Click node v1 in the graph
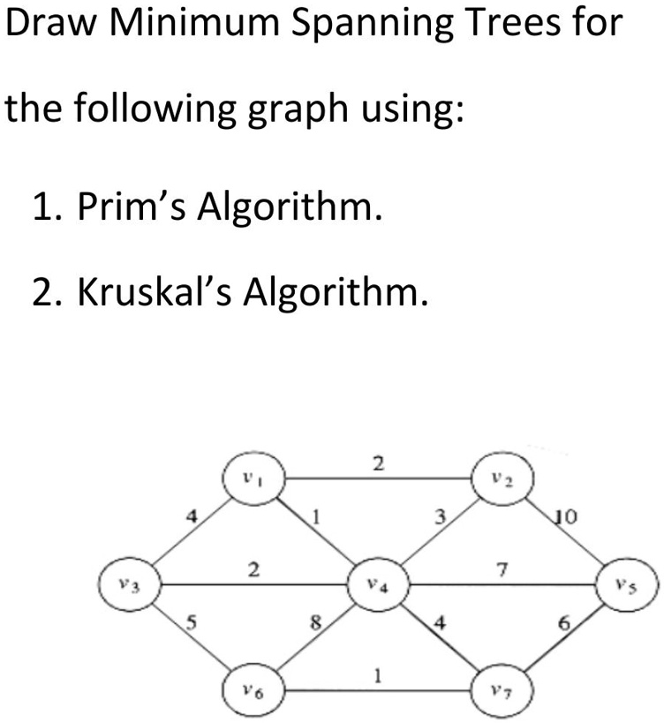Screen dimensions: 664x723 tap(253, 478)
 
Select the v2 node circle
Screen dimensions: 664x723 tap(503, 478)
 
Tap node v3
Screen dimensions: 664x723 tap(130, 584)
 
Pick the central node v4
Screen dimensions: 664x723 tap(379, 584)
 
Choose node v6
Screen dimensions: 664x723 tap(253, 690)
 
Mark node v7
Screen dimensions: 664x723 tap(503, 690)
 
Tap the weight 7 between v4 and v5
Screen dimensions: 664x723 tap(502, 570)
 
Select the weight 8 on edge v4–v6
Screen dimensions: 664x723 tap(315, 623)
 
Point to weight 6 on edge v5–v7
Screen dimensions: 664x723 tap(564, 623)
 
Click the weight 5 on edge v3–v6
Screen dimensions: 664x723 tap(191, 622)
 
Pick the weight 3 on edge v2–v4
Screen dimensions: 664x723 tap(441, 517)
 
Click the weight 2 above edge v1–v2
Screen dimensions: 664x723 tap(378, 463)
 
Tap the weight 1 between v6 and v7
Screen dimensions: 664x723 tap(378, 676)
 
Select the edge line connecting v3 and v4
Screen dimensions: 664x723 tap(254, 584)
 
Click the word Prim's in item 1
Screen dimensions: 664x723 tap(132, 206)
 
